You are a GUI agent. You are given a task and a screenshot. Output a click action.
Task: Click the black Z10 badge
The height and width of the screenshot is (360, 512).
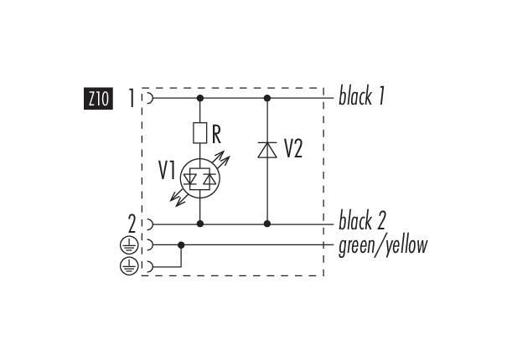(x=97, y=99)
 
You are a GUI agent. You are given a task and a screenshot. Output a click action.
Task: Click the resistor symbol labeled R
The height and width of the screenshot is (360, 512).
(x=200, y=132)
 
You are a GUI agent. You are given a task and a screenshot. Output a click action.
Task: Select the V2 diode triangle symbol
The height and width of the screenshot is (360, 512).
(x=266, y=151)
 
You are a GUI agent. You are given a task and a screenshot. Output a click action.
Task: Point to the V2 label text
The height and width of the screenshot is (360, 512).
(x=293, y=150)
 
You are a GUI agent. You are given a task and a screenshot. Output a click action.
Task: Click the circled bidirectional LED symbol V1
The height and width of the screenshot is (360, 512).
(x=200, y=177)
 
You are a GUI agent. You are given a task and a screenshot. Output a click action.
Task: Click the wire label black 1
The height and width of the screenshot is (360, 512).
(x=361, y=97)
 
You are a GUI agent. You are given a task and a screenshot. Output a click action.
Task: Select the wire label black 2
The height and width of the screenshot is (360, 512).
(x=362, y=223)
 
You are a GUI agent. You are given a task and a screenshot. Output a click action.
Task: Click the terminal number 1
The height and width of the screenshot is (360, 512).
(x=132, y=98)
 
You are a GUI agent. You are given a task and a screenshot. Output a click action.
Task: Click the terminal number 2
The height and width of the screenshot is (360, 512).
(x=132, y=224)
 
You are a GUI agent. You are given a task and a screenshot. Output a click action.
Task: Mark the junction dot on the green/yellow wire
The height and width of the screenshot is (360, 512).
(x=181, y=245)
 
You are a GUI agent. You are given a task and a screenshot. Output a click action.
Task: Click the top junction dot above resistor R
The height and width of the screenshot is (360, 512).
(x=200, y=98)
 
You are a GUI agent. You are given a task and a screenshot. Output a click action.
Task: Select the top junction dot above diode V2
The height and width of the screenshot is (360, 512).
(x=266, y=98)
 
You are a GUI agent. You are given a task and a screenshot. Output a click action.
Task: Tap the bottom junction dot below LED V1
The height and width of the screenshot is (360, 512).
(x=200, y=224)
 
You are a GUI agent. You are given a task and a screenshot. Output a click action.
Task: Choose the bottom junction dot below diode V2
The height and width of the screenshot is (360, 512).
(x=266, y=224)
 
